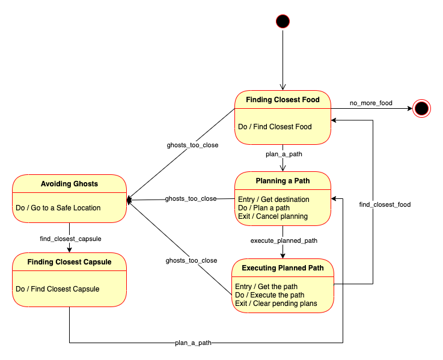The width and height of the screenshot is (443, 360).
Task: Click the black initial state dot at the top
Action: coord(283,22)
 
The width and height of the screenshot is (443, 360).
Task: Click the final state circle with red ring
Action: coord(422,108)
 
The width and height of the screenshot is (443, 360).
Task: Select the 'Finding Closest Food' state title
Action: coord(283,99)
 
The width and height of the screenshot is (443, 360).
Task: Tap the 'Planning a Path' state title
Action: coord(283,181)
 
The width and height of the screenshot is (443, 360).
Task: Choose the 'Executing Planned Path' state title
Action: coord(283,267)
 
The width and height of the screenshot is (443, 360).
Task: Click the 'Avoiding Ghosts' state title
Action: coord(69,183)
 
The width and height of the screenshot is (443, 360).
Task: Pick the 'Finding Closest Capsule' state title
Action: coord(69,261)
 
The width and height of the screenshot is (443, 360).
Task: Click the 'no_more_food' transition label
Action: coord(371,103)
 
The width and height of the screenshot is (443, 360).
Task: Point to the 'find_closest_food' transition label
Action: coord(385,205)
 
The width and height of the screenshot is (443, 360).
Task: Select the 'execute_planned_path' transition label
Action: coord(284,240)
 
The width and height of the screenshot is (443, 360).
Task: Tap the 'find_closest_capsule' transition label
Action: coord(70,239)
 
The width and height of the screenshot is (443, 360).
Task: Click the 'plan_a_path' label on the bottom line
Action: coord(193,343)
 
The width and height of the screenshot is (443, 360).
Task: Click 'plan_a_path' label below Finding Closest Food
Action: coord(284,154)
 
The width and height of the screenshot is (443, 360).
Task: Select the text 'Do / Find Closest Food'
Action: coord(275,127)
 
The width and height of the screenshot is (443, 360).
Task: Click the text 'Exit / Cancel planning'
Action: coord(273,216)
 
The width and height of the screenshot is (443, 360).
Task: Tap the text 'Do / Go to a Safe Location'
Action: coord(58,208)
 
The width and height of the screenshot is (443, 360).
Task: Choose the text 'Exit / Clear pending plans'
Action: coord(276,303)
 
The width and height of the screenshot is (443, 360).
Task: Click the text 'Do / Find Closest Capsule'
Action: coord(58,289)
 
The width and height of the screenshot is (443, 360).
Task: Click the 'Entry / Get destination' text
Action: coord(273,199)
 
